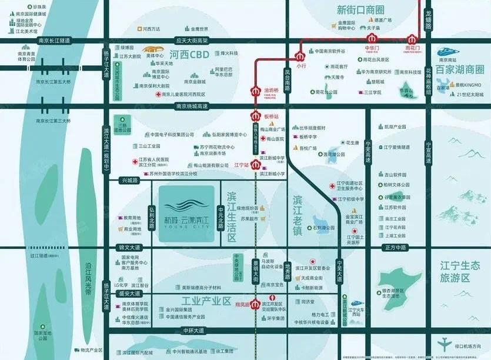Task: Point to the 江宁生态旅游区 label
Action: (460, 271)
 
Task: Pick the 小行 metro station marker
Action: (301, 57)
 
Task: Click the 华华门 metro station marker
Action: (371, 41)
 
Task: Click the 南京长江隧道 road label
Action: (53, 41)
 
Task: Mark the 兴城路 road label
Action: (129, 181)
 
